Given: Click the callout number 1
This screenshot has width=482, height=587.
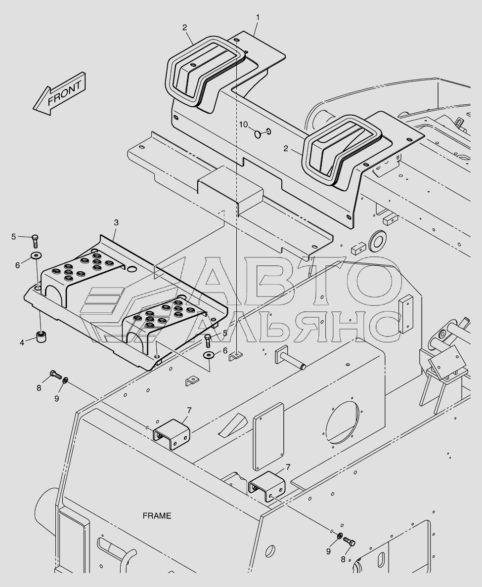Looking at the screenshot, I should coord(258,17).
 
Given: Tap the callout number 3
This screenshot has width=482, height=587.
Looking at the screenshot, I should coord(116,222).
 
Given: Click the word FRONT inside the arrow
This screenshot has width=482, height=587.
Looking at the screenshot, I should coord(64,93).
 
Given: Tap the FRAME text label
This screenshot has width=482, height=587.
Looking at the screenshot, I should coord(157,516).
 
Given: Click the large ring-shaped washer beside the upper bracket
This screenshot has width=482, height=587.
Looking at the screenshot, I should coord(379,241).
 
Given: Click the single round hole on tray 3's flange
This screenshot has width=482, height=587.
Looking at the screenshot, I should coord(131,270).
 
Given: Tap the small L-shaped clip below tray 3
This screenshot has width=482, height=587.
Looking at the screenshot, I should coord(191,380).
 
